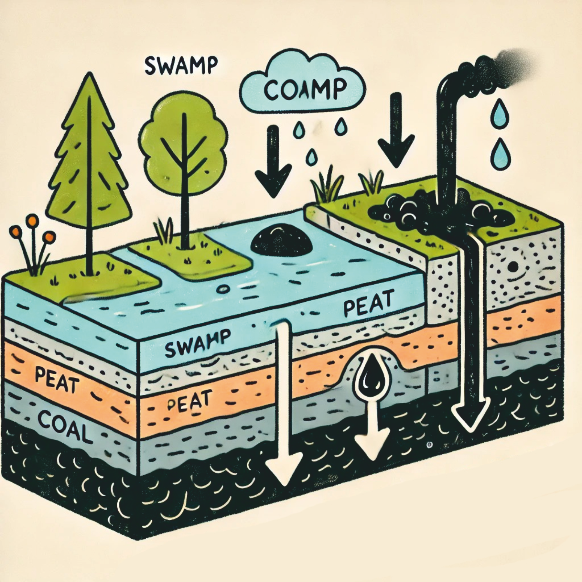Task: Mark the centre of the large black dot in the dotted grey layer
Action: [x=513, y=267]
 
